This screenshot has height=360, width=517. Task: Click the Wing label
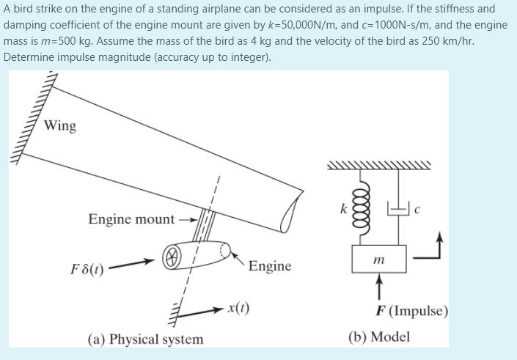click(59, 125)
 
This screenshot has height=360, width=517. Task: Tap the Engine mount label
click(131, 218)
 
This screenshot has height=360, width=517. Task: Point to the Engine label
click(269, 265)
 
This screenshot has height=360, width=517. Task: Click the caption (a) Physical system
click(145, 339)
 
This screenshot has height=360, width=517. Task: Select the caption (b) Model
click(379, 337)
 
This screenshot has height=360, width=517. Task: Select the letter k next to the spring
click(342, 208)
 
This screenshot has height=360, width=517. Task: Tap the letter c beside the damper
click(417, 210)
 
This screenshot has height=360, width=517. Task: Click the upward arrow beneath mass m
click(379, 286)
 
